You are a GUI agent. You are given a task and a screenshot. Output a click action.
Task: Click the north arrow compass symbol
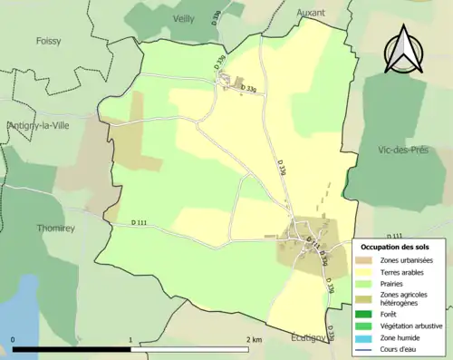(403, 50)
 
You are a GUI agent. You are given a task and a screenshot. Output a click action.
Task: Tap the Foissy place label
(49, 41)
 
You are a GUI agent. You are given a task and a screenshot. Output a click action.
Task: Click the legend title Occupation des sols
(398, 247)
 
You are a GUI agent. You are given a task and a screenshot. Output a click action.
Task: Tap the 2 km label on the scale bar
(254, 339)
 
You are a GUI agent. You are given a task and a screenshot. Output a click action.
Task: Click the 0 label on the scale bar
(14, 339)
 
